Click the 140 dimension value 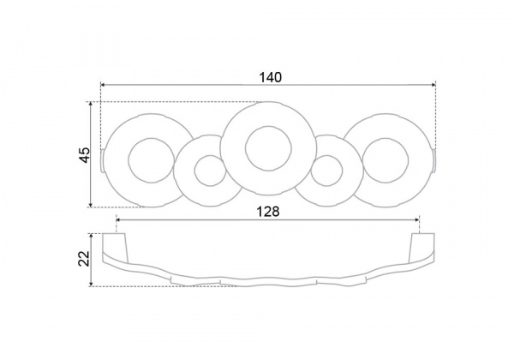coord(270,77)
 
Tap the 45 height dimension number coord(85,155)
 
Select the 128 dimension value coord(267,212)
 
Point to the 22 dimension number coord(85,258)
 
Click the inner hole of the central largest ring coord(268,148)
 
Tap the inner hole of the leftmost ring coord(151,160)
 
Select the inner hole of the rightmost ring coord(385,160)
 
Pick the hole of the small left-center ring coord(211,171)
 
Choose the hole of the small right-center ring coord(326,171)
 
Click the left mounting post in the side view coord(115,248)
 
